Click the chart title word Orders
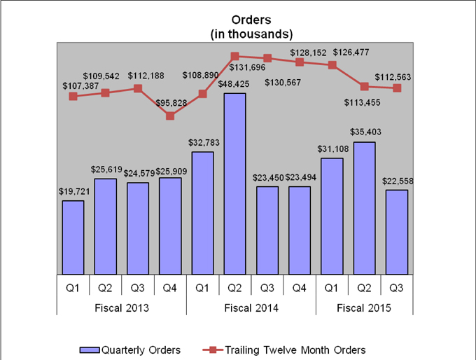pos(251,20)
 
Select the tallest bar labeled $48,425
pos(234,184)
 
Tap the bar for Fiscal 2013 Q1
pos(73,237)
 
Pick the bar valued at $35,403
pos(364,208)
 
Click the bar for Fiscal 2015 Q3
pos(396,232)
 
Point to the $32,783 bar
pos(202,213)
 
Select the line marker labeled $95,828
pos(170,116)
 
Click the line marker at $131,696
pos(234,56)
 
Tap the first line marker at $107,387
pos(73,96)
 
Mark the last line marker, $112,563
pos(397,88)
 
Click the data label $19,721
pos(73,191)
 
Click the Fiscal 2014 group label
pos(251,307)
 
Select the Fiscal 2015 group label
pos(364,307)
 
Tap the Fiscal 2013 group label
pos(121,307)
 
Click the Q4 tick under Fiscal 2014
pos(300,286)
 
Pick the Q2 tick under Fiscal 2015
pos(364,286)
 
